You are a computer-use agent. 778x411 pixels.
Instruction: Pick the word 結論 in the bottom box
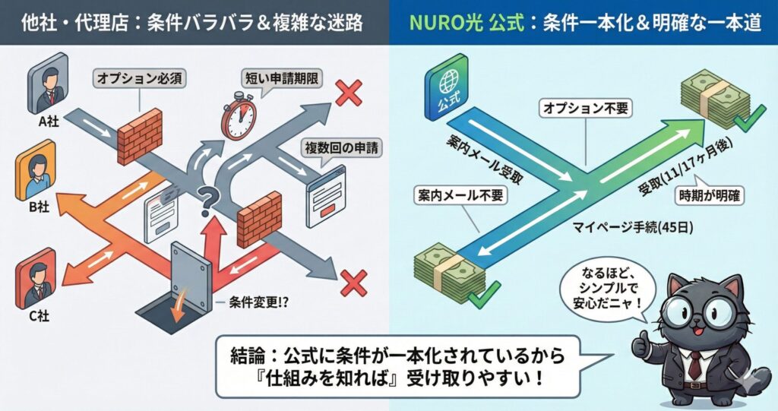coord(247,355)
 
